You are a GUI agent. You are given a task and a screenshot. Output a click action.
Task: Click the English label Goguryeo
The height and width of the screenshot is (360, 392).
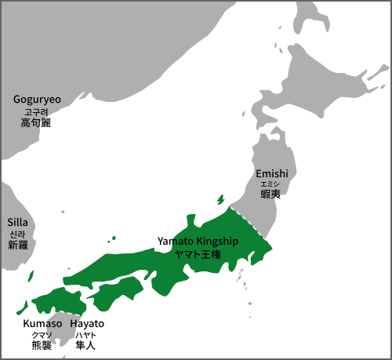pos(37,100)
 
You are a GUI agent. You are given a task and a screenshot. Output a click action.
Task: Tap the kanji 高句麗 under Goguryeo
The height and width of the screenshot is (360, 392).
pos(37,122)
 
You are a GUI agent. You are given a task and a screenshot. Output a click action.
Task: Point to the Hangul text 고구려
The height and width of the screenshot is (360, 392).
pos(37,111)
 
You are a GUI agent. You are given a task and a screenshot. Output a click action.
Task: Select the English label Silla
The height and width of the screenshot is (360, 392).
pos(17,223)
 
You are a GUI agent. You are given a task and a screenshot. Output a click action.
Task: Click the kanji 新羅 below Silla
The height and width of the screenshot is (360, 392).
pos(17,245)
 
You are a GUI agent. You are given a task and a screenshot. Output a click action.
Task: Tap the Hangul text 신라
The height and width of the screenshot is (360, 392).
pos(17,235)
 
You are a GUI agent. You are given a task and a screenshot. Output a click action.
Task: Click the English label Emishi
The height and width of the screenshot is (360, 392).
pos(272,173)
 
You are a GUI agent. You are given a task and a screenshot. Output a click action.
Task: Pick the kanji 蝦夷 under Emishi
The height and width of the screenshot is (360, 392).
pos(272,194)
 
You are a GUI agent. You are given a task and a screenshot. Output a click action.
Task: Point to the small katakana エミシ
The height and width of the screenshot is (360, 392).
pos(272,184)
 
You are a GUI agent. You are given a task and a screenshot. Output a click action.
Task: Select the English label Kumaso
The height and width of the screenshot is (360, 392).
pos(42,323)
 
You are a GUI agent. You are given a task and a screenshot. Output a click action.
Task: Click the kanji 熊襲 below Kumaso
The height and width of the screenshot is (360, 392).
pos(42,344)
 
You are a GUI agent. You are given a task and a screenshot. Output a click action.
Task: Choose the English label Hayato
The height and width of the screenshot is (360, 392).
pos(87,323)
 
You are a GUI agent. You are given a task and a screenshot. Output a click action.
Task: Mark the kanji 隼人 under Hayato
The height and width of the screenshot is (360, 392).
pos(87,344)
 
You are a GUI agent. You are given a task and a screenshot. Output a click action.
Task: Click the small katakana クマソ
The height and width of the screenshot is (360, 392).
pos(42,334)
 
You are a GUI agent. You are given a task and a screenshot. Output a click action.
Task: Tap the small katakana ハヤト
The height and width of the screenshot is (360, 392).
pos(87,334)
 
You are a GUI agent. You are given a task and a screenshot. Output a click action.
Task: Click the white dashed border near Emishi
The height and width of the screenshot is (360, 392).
pos(249,224)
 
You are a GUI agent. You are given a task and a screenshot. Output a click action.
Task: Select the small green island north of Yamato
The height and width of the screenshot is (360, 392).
pos(220,199)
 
